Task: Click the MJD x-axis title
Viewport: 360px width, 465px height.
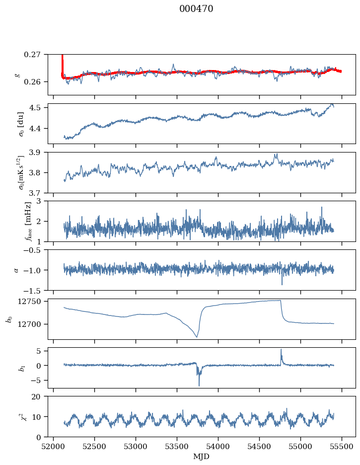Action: (201, 456)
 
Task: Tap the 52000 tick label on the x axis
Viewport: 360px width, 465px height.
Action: (54, 446)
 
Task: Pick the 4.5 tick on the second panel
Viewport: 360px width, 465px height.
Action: (38, 107)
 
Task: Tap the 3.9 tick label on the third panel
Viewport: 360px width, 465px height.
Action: (38, 152)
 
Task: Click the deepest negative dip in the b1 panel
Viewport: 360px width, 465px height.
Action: (199, 385)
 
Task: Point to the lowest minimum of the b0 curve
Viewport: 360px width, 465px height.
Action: (197, 337)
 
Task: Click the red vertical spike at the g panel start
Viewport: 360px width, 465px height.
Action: (62, 62)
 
